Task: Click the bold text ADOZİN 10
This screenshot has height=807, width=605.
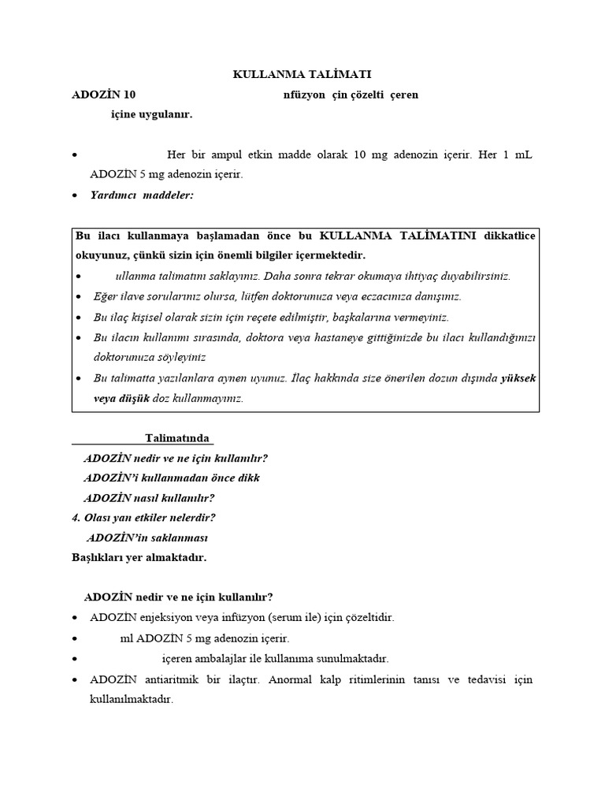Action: point(104,95)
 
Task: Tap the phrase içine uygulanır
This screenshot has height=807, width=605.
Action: point(151,114)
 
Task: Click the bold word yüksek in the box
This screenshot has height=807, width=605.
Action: point(518,378)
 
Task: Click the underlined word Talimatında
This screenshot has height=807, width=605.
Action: point(178,437)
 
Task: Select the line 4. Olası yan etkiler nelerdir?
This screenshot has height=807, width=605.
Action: point(143,518)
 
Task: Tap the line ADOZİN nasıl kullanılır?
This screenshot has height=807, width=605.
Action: point(149,497)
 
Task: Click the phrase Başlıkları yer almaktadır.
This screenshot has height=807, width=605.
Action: point(139,557)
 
